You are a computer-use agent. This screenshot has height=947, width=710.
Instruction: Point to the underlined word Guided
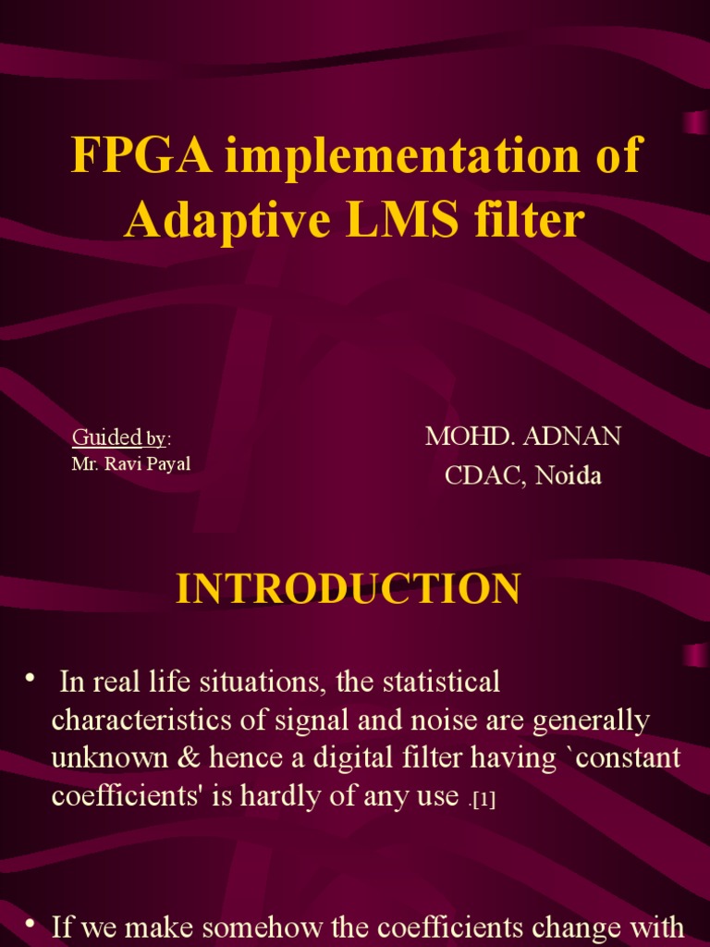click(x=105, y=437)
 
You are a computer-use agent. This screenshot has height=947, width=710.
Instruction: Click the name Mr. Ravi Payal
click(x=131, y=463)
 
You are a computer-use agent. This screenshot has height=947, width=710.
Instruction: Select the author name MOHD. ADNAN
click(x=522, y=437)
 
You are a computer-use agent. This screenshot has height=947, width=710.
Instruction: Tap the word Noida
click(x=568, y=476)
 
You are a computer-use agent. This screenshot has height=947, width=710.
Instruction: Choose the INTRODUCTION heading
click(x=349, y=589)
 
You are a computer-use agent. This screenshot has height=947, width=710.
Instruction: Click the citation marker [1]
click(x=484, y=800)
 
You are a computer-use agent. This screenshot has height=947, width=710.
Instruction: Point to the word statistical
click(x=434, y=683)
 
